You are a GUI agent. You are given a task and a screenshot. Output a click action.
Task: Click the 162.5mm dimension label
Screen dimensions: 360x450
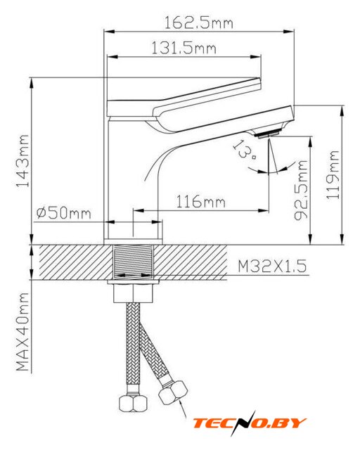click(x=198, y=22)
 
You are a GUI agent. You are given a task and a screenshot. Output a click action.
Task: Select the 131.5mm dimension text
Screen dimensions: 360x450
click(x=184, y=48)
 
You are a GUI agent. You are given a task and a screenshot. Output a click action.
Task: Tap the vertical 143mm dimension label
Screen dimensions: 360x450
click(x=22, y=161)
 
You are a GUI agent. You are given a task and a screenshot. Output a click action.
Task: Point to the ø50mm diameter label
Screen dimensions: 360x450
click(x=64, y=213)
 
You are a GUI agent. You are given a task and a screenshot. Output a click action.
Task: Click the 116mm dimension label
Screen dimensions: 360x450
click(x=200, y=201)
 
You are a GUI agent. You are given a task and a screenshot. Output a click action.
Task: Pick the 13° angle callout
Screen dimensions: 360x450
click(x=244, y=150)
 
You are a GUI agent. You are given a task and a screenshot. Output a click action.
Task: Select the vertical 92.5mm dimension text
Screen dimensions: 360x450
click(x=301, y=190)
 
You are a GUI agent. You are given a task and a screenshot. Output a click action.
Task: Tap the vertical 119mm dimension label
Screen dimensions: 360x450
click(x=333, y=175)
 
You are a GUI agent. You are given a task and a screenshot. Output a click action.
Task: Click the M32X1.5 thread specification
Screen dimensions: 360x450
click(x=272, y=266)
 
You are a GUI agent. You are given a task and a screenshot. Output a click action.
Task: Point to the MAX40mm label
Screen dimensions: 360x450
click(x=22, y=331)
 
